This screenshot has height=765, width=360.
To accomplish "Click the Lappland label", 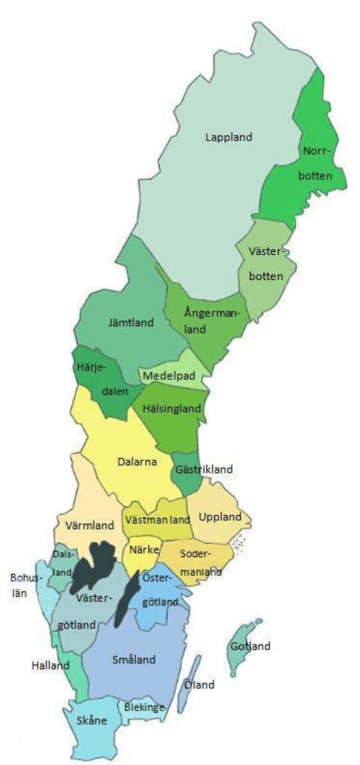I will coord(229,137).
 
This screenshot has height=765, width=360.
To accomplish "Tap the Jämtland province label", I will coord(131,322).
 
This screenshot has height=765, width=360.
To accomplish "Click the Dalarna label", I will coord(136,462).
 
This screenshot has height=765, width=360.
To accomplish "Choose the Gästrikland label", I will coord(204,469).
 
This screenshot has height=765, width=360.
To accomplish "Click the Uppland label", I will coord(220,517).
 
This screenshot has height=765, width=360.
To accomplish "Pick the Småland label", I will coord(134,660).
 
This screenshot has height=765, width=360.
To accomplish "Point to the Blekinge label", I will coord(144,707).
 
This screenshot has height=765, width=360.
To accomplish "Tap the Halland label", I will coord(50,665).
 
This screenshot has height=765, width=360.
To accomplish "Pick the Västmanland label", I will coord(157,520).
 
